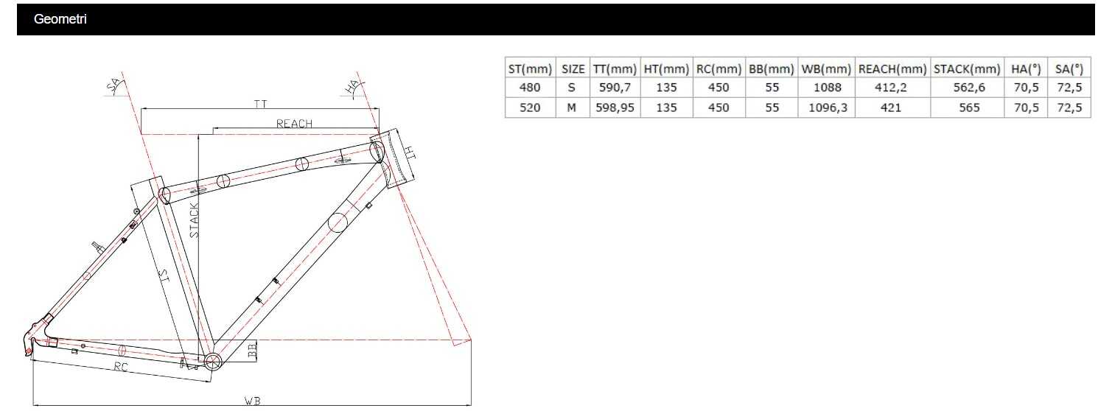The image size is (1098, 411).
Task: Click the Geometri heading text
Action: pyautogui.click(x=60, y=20)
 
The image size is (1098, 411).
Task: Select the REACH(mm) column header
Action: pyautogui.click(x=892, y=69)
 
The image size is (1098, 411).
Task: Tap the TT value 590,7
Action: pyautogui.click(x=615, y=88)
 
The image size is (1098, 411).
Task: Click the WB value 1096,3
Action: pyautogui.click(x=828, y=108)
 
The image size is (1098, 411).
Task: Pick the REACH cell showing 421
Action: pyautogui.click(x=891, y=108)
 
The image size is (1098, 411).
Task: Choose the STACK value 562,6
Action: pyautogui.click(x=969, y=88)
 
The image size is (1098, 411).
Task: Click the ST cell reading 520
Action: pyautogui.click(x=529, y=108)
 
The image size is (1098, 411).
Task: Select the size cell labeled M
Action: pyautogui.click(x=572, y=108)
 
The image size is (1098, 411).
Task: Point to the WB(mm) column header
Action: pyautogui.click(x=826, y=69)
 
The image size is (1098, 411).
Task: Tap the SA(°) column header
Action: pyautogui.click(x=1069, y=69)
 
